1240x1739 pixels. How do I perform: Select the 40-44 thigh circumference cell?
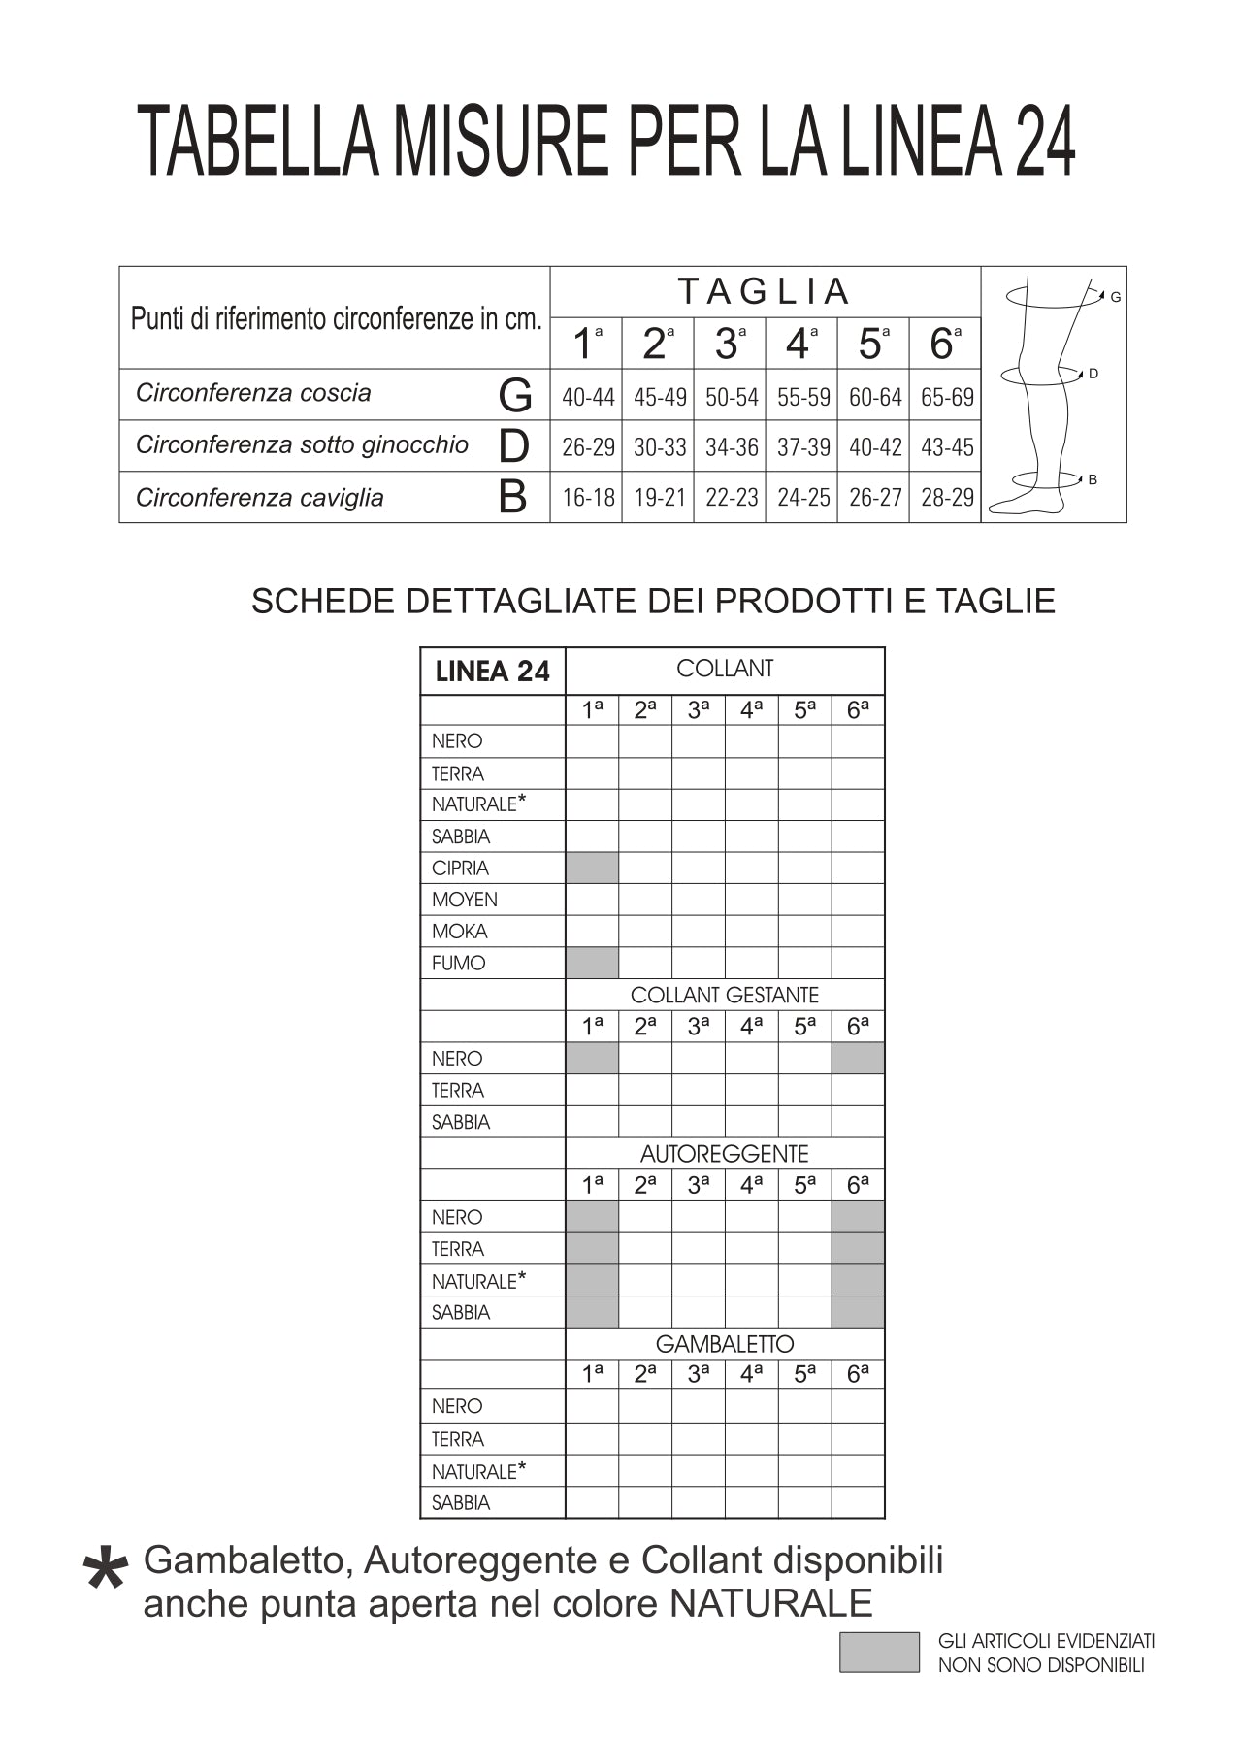coord(588,397)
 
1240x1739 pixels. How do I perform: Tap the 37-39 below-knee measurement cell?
coord(803,447)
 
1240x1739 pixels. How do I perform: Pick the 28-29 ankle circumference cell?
coord(947,498)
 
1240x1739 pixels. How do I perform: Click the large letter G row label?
coord(515,396)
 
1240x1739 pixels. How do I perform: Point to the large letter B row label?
coord(512,498)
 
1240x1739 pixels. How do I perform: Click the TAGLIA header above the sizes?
coord(764,291)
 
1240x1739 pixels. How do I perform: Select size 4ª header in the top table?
coord(799,344)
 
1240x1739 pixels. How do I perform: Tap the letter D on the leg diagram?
coord(1093,374)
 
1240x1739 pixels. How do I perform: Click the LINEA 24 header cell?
coord(493,672)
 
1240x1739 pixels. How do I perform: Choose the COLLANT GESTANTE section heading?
coord(724,996)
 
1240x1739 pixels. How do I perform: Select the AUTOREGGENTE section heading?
coord(724,1154)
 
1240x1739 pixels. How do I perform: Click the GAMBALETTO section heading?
coord(724,1344)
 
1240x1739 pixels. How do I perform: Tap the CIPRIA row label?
coord(460,869)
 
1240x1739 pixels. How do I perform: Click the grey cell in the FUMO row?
coord(592,963)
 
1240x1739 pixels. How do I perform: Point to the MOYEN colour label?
coord(464,900)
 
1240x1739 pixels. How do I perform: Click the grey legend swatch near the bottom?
coord(879,1652)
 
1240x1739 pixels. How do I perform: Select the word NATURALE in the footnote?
coord(770,1604)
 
